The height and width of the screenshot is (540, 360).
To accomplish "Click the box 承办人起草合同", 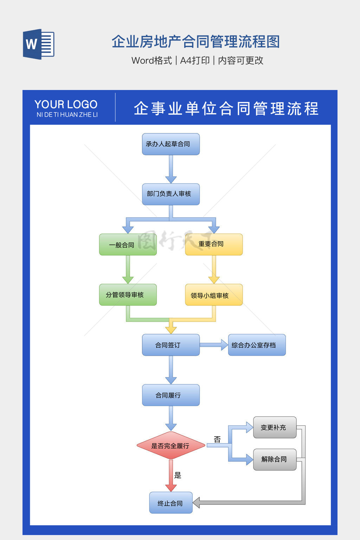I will [x=171, y=144].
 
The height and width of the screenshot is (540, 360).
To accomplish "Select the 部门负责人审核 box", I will [x=171, y=194].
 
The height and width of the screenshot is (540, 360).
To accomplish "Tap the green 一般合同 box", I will [x=128, y=245].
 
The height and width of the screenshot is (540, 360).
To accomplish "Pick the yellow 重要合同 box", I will [x=214, y=244].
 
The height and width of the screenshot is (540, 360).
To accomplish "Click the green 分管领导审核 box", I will [x=128, y=295].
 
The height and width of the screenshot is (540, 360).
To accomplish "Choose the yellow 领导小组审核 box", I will [x=214, y=295].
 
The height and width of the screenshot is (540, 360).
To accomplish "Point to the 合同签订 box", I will [x=171, y=345].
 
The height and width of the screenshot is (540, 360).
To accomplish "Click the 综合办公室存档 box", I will [x=257, y=345].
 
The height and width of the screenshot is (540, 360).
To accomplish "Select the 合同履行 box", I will [x=171, y=395].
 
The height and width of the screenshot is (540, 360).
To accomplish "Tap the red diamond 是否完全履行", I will [x=171, y=445].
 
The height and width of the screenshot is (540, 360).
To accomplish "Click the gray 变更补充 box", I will [x=275, y=427].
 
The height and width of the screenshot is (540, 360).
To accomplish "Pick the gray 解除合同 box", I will [x=275, y=459].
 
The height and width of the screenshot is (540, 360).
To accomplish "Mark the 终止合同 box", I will [x=171, y=503].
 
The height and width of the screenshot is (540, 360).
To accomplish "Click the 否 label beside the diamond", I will [x=217, y=439].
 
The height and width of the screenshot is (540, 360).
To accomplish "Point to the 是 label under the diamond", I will [x=178, y=475].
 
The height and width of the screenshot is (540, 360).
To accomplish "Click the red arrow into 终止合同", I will [x=171, y=476].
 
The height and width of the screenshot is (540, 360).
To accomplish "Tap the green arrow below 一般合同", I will [x=128, y=269].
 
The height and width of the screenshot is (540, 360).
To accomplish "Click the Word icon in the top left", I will [x=38, y=44].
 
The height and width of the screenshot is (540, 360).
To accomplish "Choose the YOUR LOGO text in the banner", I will [x=66, y=104].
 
